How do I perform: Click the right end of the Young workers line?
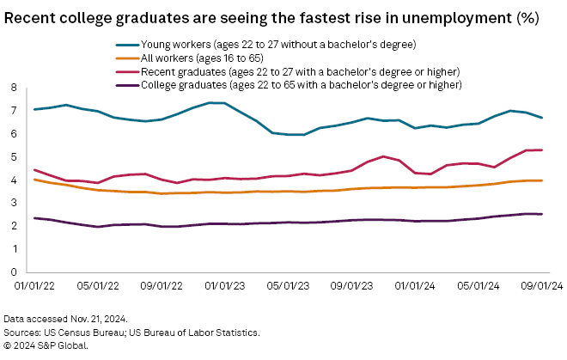pyautogui.click(x=540, y=118)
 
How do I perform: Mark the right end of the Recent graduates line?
pyautogui.click(x=540, y=150)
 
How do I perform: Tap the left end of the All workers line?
pyautogui.click(x=34, y=180)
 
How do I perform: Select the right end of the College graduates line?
pyautogui.click(x=540, y=214)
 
